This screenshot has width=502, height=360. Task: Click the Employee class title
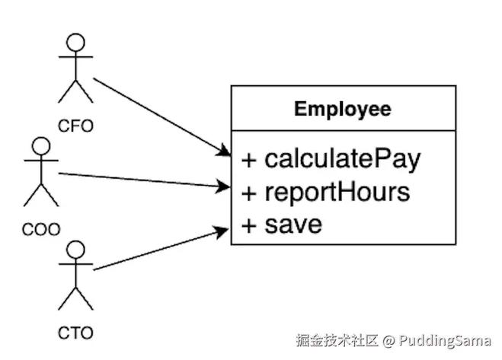click(343, 109)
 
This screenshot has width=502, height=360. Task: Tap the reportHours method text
click(337, 192)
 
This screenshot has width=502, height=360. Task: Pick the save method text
click(293, 225)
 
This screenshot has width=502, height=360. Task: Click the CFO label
click(75, 126)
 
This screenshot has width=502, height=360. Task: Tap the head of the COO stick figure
click(40, 147)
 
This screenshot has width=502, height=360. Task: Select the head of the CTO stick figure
click(75, 250)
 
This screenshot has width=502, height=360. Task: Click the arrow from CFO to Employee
click(160, 115)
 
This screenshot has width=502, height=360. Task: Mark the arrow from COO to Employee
click(145, 180)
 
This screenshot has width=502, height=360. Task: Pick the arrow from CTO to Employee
click(160, 247)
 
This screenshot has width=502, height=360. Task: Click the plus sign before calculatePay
click(248, 160)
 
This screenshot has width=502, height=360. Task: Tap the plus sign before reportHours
click(248, 193)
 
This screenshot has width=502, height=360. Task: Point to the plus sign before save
click(248, 225)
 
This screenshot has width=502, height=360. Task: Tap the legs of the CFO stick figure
click(75, 94)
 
